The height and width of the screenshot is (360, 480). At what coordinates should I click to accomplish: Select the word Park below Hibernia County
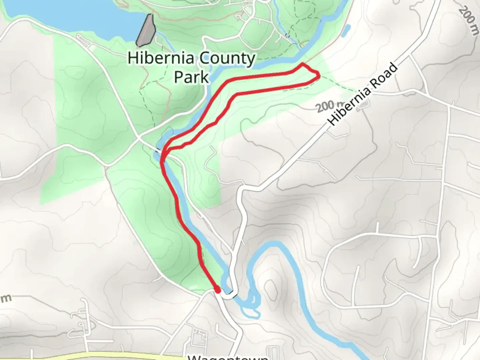click(192, 77)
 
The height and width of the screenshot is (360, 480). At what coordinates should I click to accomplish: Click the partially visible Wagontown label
click(228, 357)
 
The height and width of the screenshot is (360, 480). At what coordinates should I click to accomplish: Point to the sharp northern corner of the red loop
click(302, 64)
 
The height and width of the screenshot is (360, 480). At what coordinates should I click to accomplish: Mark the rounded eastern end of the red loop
click(319, 76)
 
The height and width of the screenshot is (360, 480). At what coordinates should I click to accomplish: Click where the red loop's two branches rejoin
click(164, 153)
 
